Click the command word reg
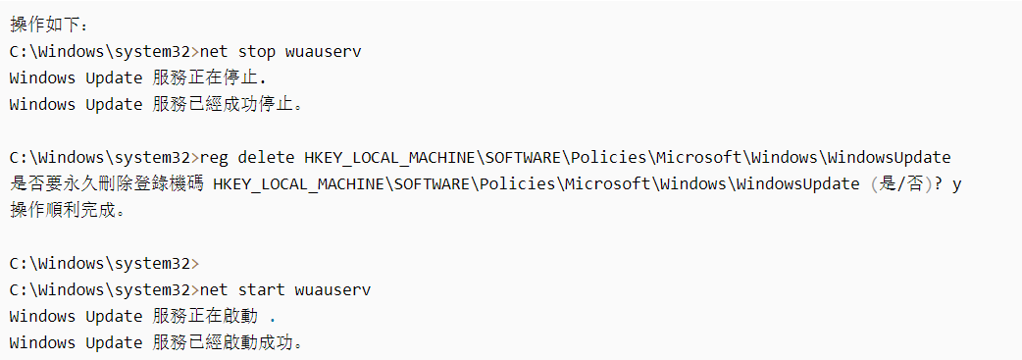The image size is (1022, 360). [x=214, y=157]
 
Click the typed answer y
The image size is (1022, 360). [x=957, y=184]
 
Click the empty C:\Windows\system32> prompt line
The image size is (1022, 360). [x=103, y=263]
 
